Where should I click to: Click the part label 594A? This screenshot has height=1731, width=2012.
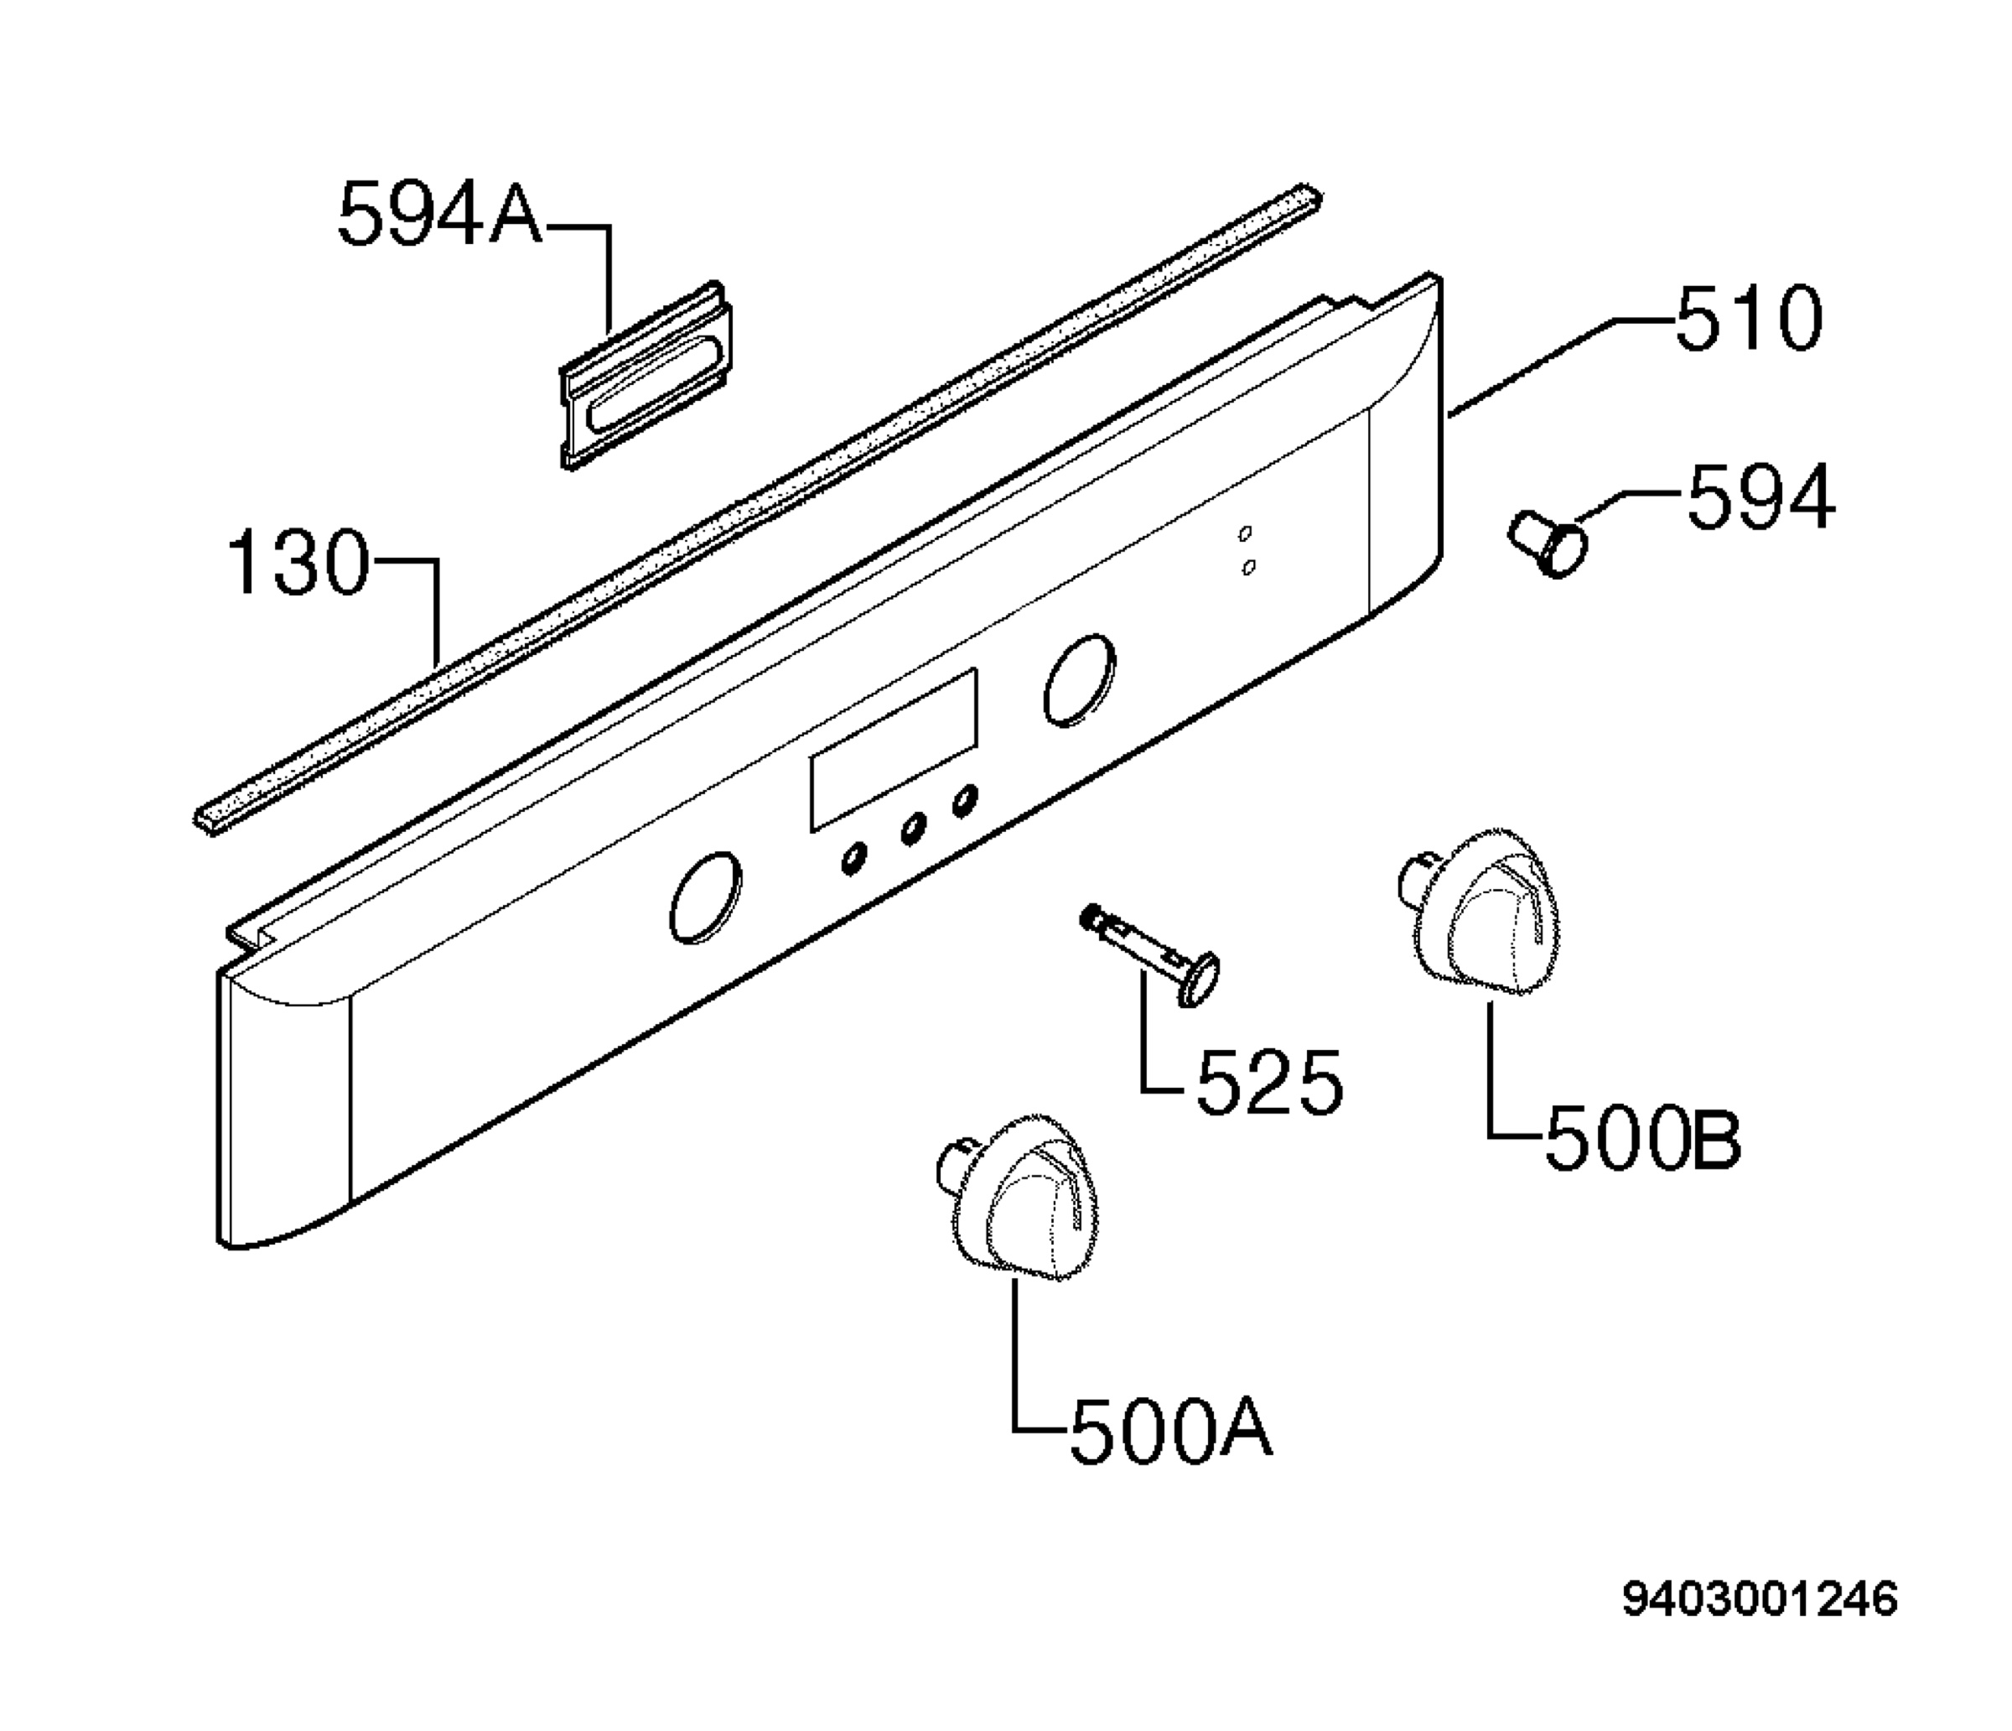tap(440, 216)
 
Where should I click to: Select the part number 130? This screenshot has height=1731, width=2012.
tap(299, 563)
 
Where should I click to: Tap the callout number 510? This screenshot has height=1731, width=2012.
tap(1749, 320)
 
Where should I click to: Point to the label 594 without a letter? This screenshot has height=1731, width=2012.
tap(1761, 497)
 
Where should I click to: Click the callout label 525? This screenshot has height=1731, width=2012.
tap(1270, 1082)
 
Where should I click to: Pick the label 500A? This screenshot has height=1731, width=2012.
tap(1171, 1429)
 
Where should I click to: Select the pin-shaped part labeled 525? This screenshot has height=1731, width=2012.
tap(1149, 957)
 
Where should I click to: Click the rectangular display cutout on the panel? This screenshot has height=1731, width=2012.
tap(894, 750)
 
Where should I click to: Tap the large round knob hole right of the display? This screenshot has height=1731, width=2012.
tap(1079, 680)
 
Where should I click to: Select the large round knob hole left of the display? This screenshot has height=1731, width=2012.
tap(705, 897)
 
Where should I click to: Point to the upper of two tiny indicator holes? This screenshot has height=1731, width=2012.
tap(1246, 533)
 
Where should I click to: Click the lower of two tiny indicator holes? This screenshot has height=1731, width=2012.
tap(1249, 565)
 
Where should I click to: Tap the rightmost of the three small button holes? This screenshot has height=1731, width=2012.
tap(964, 800)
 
